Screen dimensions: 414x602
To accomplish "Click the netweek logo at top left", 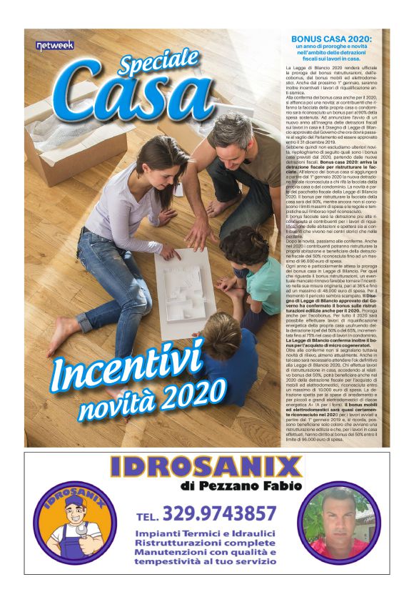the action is [x=49, y=45].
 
